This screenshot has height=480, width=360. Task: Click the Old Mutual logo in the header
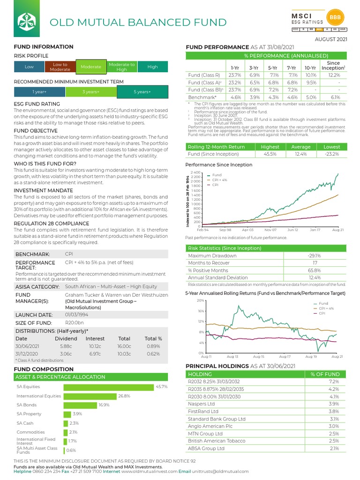click(27, 22)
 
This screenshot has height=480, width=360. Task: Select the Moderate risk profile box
click(91, 67)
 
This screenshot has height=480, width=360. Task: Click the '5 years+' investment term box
click(142, 92)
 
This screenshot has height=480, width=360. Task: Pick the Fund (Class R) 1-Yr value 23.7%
click(234, 75)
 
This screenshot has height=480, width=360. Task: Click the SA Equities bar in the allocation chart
click(108, 387)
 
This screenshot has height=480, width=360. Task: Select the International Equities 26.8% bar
click(90, 396)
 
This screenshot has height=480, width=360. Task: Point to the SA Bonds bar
click(80, 405)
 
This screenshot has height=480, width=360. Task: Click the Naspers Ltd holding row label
click(201, 404)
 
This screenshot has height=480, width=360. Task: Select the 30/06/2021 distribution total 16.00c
click(124, 346)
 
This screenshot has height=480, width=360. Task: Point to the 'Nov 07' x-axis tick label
click(270, 230)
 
